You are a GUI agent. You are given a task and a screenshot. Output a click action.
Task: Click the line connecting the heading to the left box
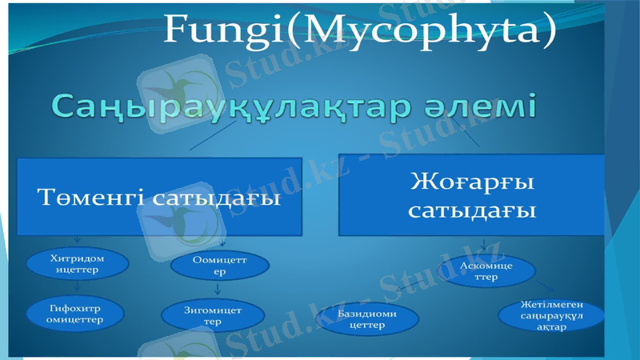[x=206, y=141]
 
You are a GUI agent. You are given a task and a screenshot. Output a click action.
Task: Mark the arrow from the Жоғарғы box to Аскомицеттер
[x=482, y=245]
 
